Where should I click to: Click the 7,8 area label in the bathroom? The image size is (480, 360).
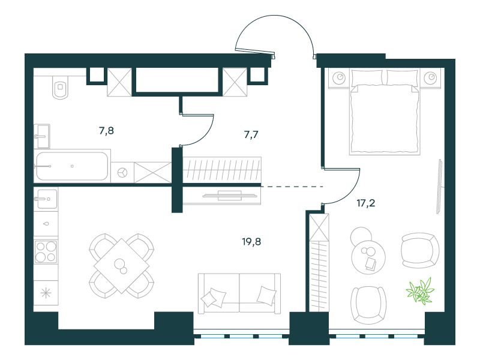click(107, 131)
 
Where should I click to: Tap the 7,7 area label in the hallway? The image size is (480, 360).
click(251, 134)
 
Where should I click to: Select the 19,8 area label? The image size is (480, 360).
click(251, 242)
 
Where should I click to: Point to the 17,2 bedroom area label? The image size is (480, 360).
click(366, 203)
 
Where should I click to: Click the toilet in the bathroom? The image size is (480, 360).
click(61, 86)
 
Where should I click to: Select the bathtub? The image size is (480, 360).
click(72, 166)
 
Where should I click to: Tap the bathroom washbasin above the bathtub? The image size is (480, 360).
click(41, 136)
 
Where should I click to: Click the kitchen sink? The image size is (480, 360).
click(46, 199)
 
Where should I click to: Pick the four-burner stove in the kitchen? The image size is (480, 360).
click(46, 252)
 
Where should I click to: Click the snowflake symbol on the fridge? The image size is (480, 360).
click(46, 293)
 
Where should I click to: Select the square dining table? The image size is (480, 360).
click(122, 266)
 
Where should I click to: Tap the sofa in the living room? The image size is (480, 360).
click(239, 293)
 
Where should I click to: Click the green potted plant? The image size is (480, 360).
click(421, 291)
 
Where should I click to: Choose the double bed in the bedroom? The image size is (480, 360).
click(385, 112)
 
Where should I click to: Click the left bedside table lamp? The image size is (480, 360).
click(339, 77)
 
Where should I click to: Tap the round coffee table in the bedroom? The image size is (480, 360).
click(368, 257)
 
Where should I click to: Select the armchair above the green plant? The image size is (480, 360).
click(419, 250)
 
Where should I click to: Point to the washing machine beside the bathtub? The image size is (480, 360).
click(122, 172)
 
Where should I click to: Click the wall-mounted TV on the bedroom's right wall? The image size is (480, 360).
click(439, 186)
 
